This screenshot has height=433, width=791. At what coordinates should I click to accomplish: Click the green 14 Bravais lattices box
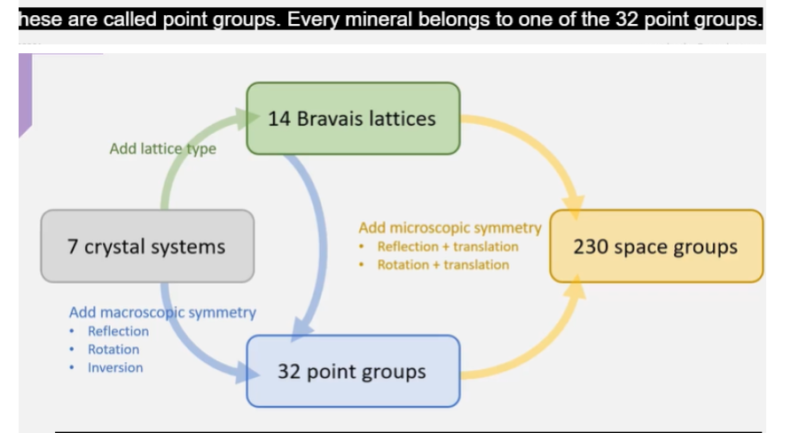pyautogui.click(x=353, y=118)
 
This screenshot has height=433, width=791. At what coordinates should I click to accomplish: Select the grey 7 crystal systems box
pyautogui.click(x=147, y=247)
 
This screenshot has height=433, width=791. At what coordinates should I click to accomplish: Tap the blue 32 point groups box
pyautogui.click(x=353, y=371)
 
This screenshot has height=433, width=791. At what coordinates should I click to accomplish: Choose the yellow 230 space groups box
pyautogui.click(x=655, y=247)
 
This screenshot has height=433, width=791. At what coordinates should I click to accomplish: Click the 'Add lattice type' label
pyautogui.click(x=162, y=149)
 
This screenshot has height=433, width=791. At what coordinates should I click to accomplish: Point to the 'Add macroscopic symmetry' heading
pyautogui.click(x=162, y=312)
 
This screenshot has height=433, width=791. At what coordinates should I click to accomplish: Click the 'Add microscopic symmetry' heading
pyautogui.click(x=450, y=228)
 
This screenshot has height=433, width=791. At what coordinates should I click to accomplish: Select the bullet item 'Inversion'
pyautogui.click(x=114, y=367)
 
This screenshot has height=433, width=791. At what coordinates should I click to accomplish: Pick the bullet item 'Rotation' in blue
pyautogui.click(x=113, y=350)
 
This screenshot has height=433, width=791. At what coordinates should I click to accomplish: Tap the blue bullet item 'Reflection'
pyautogui.click(x=118, y=331)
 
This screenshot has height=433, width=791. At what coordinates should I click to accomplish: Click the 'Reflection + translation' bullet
pyautogui.click(x=447, y=247)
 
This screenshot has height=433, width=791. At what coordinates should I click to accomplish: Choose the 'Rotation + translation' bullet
pyautogui.click(x=442, y=264)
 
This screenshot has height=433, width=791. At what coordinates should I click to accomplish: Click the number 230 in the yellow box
pyautogui.click(x=590, y=247)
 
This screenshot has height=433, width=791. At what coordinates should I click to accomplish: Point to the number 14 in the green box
pyautogui.click(x=279, y=118)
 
